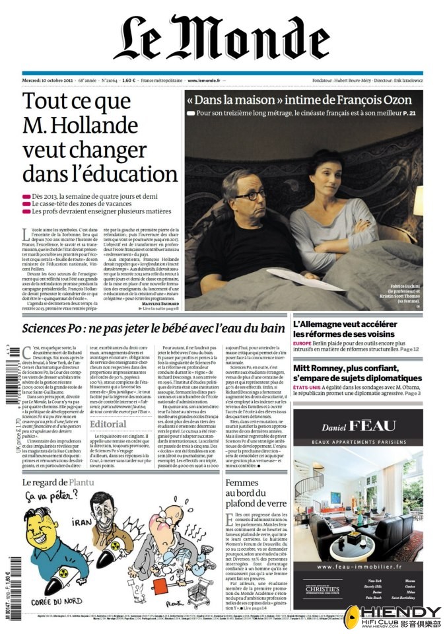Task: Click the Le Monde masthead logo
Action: click(x=222, y=38)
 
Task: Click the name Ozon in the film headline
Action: click(x=394, y=100)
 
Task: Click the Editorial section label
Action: click(x=108, y=424)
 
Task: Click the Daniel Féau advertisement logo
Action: click(x=359, y=426)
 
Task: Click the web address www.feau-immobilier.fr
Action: click(x=359, y=567)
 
